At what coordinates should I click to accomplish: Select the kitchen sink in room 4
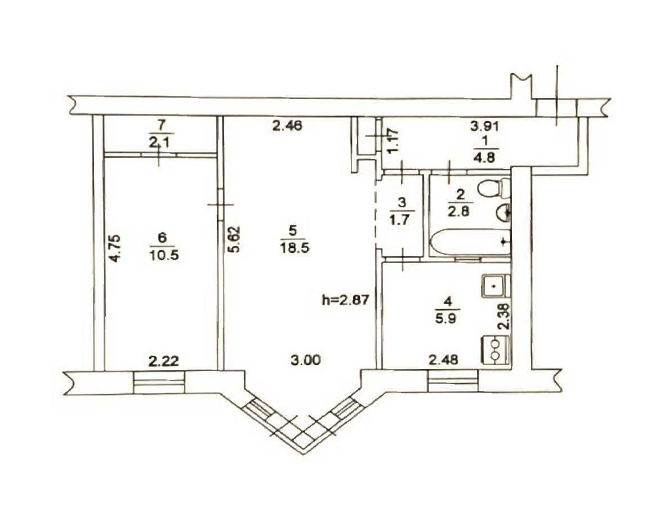(x=494, y=286)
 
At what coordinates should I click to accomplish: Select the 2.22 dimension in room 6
(x=163, y=360)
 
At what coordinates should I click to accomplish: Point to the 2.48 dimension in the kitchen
(x=444, y=359)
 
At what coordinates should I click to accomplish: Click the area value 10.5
(x=164, y=255)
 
